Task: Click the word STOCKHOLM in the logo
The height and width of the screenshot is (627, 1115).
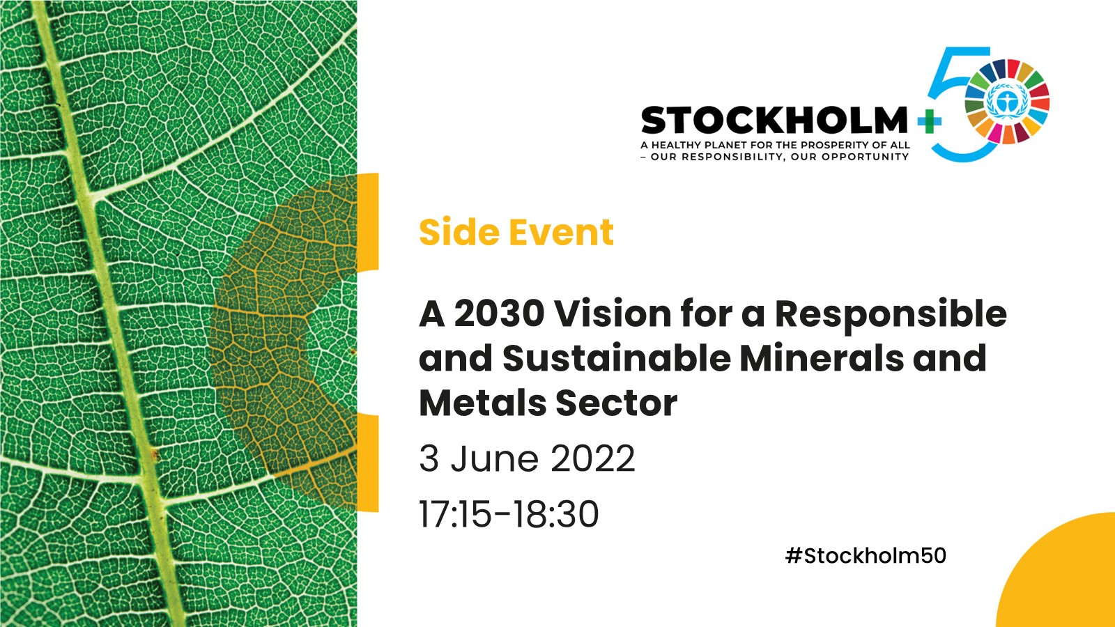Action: pyautogui.click(x=774, y=121)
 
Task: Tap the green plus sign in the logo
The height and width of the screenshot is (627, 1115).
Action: pyautogui.click(x=930, y=122)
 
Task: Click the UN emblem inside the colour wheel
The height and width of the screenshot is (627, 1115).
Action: pyautogui.click(x=1007, y=102)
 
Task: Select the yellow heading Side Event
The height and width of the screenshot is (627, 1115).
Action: pyautogui.click(x=516, y=232)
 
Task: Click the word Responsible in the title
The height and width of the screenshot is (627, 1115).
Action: pyautogui.click(x=891, y=314)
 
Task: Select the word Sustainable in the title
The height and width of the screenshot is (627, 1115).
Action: pyautogui.click(x=617, y=358)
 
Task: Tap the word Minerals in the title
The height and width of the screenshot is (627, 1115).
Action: pyautogui.click(x=822, y=358)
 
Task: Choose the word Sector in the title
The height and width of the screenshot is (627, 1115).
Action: pyautogui.click(x=617, y=403)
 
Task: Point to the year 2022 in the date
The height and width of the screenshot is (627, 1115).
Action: pyautogui.click(x=593, y=458)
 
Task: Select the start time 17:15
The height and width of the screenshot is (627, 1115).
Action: pyautogui.click(x=455, y=514)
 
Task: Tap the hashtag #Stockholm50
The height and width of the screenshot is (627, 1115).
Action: pyautogui.click(x=866, y=555)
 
